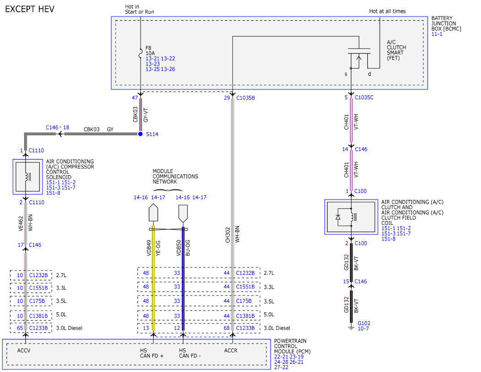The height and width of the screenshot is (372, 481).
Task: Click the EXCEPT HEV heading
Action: [x=30, y=9]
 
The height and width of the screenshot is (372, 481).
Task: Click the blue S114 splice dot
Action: [x=140, y=134]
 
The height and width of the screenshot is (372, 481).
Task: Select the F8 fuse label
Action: [x=148, y=48]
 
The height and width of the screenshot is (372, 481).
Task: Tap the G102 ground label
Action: [x=364, y=323]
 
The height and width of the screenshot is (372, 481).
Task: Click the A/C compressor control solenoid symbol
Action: [x=27, y=177]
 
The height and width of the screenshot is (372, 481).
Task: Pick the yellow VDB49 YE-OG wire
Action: [x=153, y=278]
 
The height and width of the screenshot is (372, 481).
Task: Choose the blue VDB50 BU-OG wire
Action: [x=183, y=278]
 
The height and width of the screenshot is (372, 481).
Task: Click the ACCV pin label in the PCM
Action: [x=24, y=350]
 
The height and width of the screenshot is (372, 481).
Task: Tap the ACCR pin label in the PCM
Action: [x=231, y=350]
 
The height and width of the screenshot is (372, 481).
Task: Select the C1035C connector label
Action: [x=364, y=97]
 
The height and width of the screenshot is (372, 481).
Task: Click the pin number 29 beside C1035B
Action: [x=227, y=98]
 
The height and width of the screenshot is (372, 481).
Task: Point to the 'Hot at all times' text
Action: [x=388, y=11]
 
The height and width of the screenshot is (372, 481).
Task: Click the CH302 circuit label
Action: [x=228, y=235]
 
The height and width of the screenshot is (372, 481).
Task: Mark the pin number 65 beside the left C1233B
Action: [x=20, y=328]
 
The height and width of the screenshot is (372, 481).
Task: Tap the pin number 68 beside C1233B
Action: [x=227, y=328]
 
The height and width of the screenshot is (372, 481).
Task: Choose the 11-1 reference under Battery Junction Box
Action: [x=437, y=34]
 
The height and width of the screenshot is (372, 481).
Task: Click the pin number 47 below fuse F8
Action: [x=135, y=98]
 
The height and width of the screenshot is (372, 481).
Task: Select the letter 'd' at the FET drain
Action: [x=369, y=74]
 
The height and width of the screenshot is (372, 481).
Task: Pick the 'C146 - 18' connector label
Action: [x=57, y=127]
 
